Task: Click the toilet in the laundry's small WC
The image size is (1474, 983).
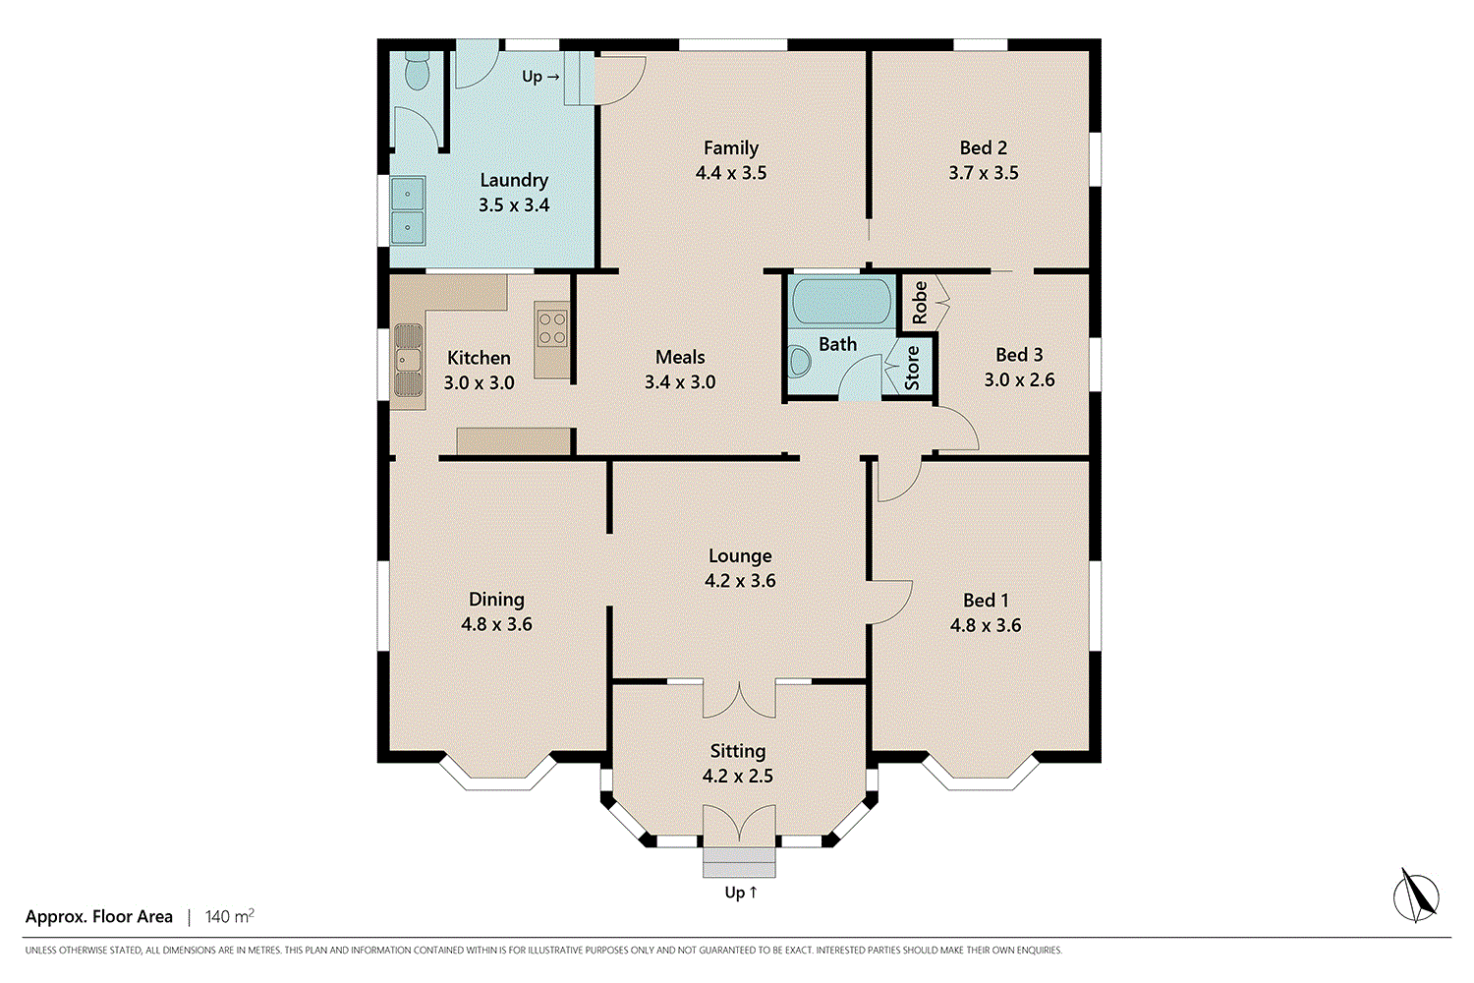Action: [x=417, y=71]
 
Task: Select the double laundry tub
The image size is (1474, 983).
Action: [x=408, y=210]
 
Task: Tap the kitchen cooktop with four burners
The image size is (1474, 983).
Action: [x=552, y=329]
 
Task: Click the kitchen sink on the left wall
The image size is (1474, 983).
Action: [x=408, y=360]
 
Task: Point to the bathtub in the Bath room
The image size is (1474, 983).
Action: [x=841, y=301]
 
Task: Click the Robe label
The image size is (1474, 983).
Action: [x=920, y=302]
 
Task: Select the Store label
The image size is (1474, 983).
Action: [x=911, y=368]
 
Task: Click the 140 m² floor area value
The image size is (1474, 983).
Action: [x=230, y=916]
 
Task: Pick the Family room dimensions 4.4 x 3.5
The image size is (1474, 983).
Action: [x=731, y=172]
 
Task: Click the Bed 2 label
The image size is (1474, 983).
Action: [x=983, y=147]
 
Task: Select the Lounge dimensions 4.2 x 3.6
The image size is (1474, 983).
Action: [x=740, y=581]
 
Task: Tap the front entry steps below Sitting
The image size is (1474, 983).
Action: [x=739, y=862]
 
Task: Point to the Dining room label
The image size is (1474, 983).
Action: [x=497, y=600]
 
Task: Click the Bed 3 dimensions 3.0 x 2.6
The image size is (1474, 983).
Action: [x=1019, y=379]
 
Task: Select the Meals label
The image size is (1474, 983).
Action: [x=680, y=357]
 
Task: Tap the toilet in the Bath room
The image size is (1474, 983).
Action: [x=800, y=362]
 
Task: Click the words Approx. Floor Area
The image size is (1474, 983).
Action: [x=98, y=916]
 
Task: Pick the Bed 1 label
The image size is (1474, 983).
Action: [x=986, y=601]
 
